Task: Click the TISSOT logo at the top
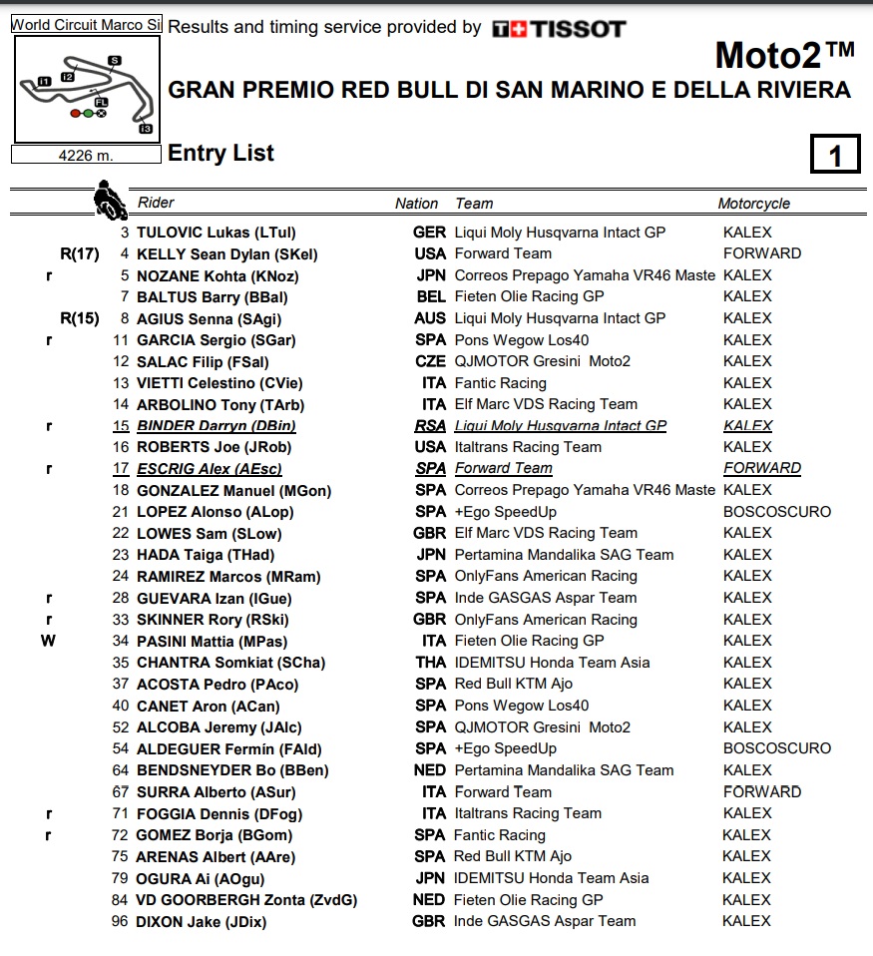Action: [x=559, y=28]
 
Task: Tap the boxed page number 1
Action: [x=834, y=155]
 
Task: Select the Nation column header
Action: [x=416, y=204]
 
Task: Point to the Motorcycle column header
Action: [x=753, y=204]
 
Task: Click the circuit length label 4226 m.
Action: [x=86, y=155]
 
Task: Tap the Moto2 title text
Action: [x=784, y=54]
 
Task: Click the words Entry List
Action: [x=220, y=153]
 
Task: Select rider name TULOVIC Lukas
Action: [x=192, y=233]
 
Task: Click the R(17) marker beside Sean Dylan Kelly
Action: [x=80, y=254]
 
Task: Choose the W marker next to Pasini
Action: [x=48, y=641]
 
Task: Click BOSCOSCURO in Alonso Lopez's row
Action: [x=776, y=512]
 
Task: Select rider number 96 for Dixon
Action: [x=120, y=922]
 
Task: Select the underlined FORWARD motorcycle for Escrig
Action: [x=761, y=468]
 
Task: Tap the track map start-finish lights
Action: [x=88, y=114]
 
